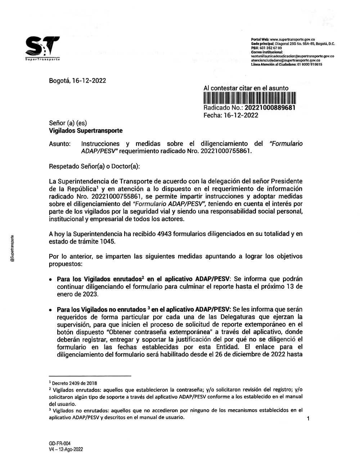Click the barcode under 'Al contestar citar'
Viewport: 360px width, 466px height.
coord(249,98)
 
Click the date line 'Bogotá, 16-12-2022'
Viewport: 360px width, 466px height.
coord(77,81)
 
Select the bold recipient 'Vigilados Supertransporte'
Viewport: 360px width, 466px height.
coord(86,131)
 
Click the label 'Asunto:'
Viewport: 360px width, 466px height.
coord(59,144)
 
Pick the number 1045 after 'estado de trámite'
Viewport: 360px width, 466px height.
coord(108,242)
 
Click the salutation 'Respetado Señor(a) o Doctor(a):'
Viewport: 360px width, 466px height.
coord(94,167)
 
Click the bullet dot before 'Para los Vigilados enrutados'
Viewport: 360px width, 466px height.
coord(51,280)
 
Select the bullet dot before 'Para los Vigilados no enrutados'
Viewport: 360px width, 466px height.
coord(51,310)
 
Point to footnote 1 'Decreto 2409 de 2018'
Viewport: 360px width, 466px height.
coord(75,383)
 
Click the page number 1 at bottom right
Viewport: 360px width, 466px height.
coord(308,418)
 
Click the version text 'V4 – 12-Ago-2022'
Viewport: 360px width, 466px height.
coord(66,449)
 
